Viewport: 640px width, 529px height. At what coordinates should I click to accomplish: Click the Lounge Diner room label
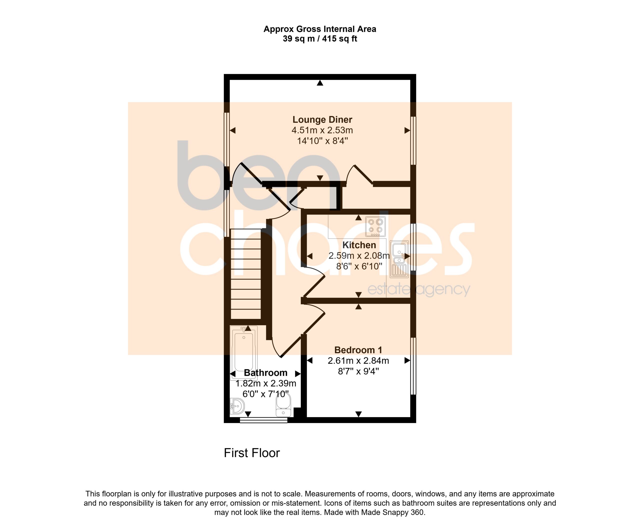click(322, 120)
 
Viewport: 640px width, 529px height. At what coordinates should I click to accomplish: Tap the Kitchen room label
click(359, 245)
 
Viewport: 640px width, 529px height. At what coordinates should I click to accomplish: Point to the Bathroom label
click(265, 373)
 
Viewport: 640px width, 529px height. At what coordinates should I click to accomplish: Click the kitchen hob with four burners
click(375, 227)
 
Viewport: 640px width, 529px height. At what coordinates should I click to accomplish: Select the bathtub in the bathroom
click(244, 353)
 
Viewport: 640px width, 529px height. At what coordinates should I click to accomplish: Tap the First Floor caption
click(252, 453)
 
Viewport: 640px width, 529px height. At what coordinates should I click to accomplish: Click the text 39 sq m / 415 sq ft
click(320, 39)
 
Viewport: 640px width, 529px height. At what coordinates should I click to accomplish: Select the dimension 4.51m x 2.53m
click(322, 130)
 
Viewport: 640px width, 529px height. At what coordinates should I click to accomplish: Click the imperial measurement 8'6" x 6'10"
click(359, 266)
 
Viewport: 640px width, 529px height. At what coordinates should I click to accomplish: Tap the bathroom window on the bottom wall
click(263, 421)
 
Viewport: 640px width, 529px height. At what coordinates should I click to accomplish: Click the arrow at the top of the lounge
click(320, 82)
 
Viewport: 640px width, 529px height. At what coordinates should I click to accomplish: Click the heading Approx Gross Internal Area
click(320, 29)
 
